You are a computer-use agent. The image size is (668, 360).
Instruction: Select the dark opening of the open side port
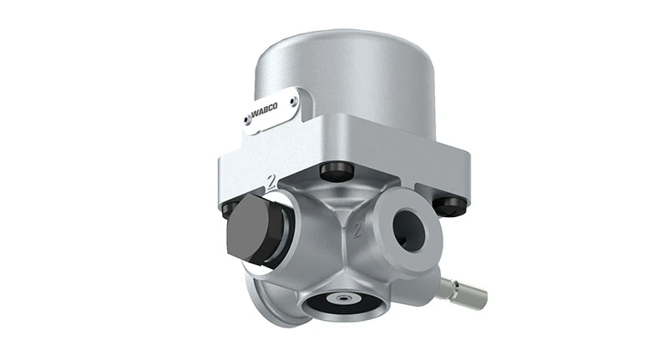click(x=412, y=225)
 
